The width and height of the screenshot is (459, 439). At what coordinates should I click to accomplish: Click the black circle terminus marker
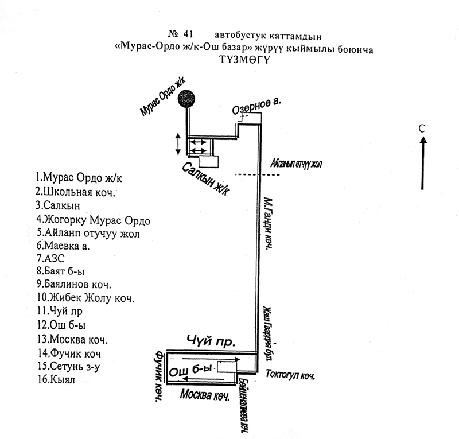186,99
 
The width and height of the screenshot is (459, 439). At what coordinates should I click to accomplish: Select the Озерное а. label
256,107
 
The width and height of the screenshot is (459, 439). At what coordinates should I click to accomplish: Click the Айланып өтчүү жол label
297,165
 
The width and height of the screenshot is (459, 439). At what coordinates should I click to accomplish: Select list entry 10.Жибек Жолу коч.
84,298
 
